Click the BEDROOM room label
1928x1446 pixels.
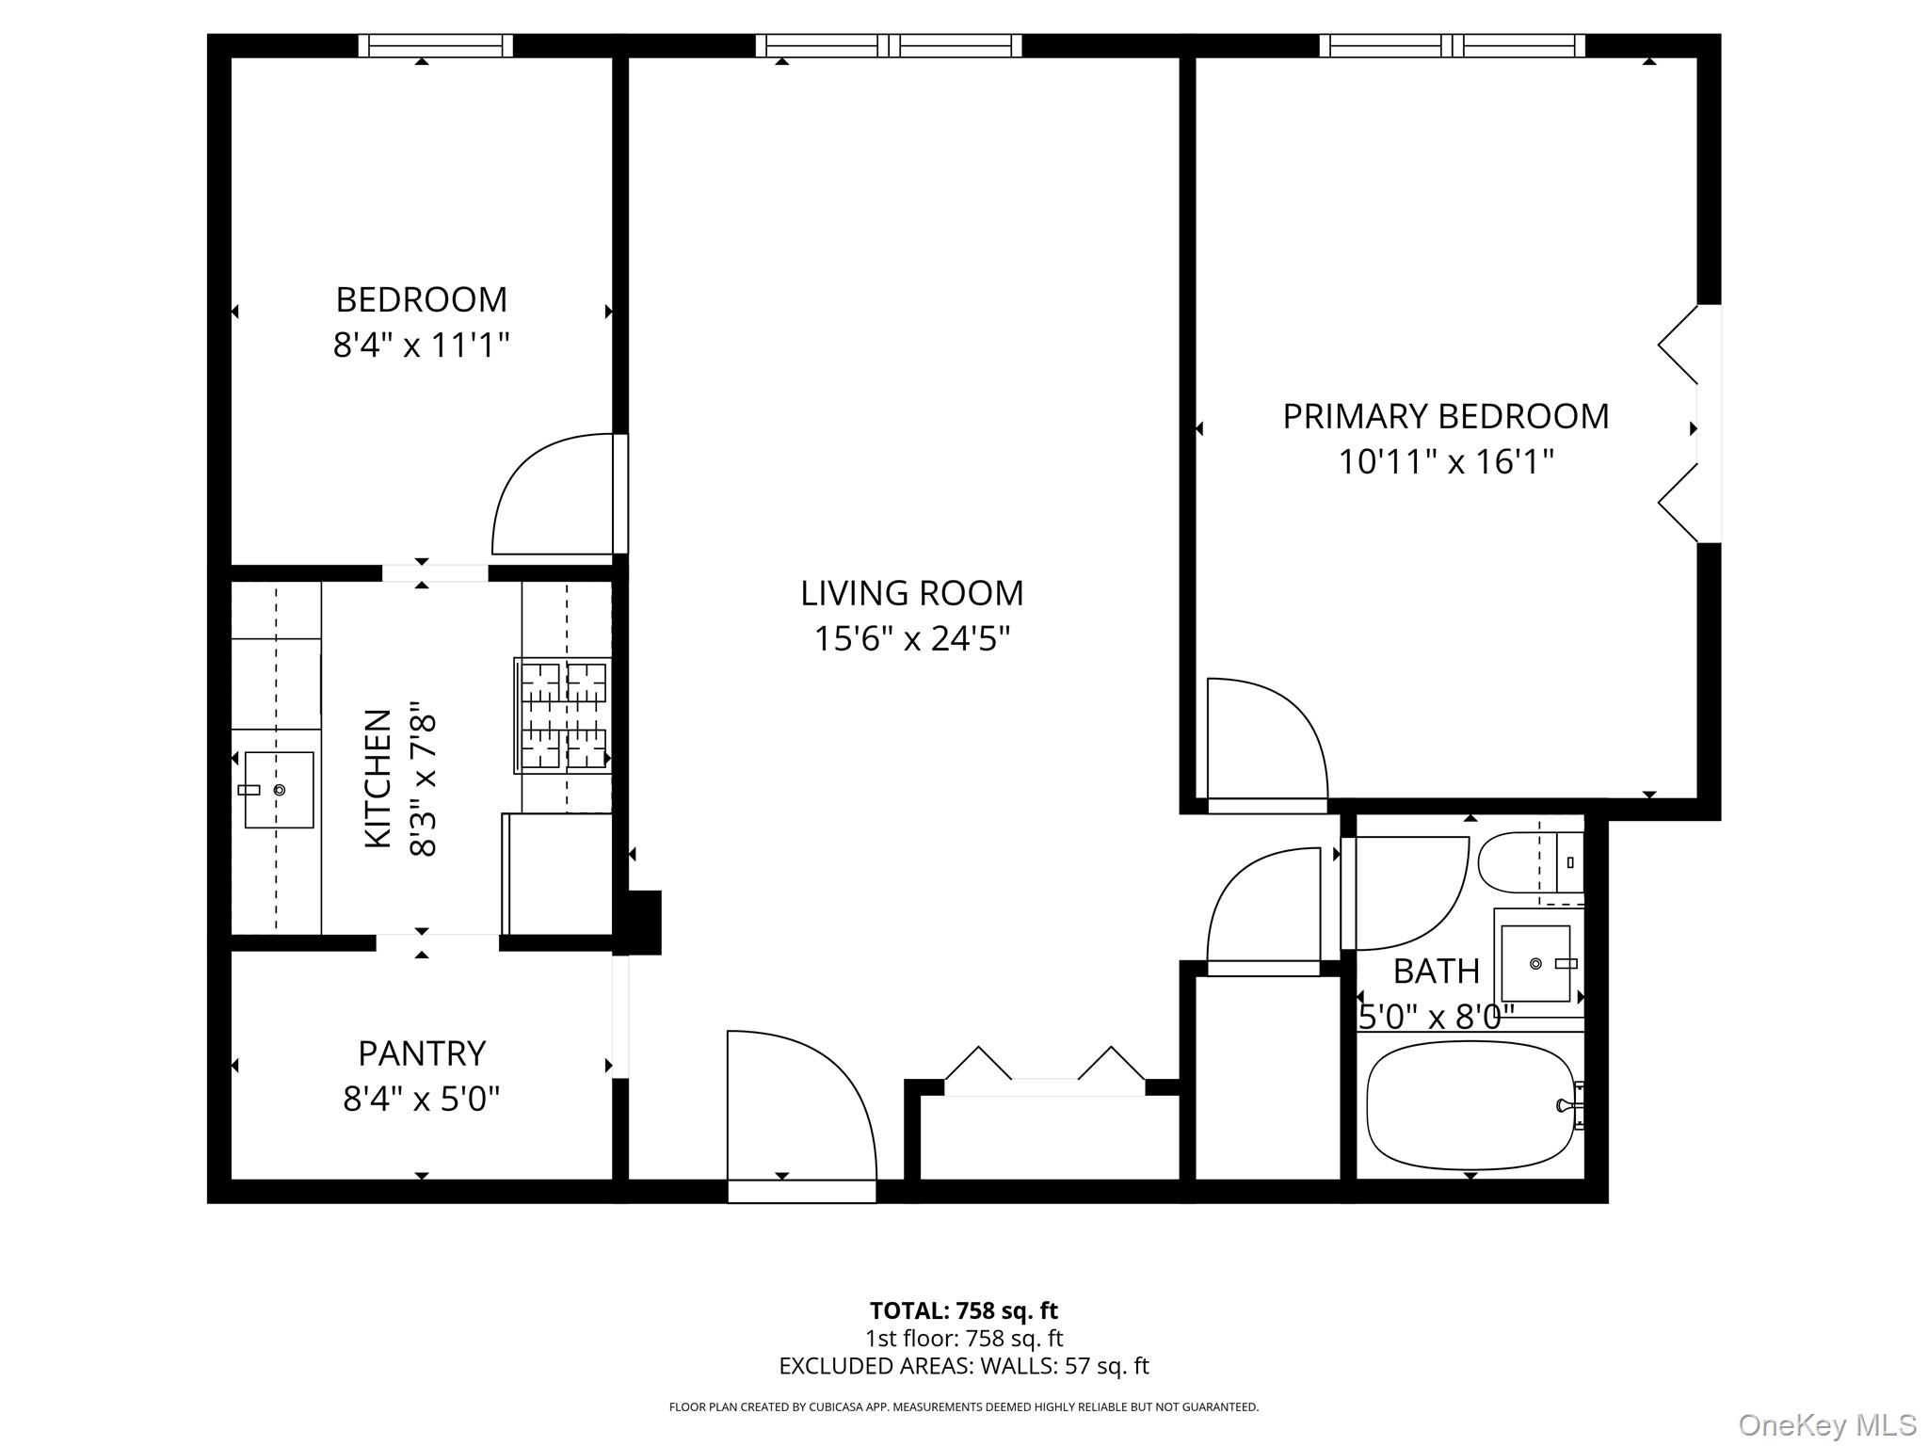[x=421, y=299]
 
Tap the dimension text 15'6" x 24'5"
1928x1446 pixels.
[x=911, y=639]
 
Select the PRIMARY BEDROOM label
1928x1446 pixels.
[x=1445, y=416]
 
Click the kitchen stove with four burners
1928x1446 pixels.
[x=563, y=715]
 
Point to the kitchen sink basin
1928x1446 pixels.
[x=279, y=790]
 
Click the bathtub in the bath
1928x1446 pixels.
[x=1469, y=1105]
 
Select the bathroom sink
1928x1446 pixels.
[x=1535, y=964]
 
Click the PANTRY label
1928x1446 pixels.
[x=421, y=1053]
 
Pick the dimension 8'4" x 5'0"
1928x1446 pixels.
[x=421, y=1099]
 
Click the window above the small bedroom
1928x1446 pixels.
[x=436, y=46]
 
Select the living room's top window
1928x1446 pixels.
[x=889, y=46]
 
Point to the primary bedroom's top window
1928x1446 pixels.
[x=1452, y=46]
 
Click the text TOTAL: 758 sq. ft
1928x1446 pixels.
[x=963, y=1310]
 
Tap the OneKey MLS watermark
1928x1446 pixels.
[x=1827, y=1425]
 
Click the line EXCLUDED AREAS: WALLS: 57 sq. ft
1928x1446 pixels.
[x=963, y=1366]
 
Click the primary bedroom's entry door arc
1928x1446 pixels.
[x=1266, y=739]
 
